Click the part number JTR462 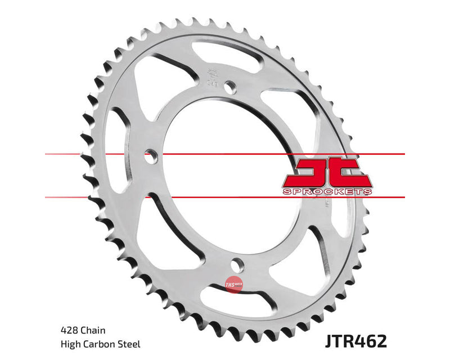[x=356, y=340]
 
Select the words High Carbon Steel [x=99, y=344]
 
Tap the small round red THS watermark [x=231, y=285]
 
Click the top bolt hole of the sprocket [x=229, y=87]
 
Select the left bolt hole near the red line [x=150, y=156]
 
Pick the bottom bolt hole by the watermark [x=237, y=264]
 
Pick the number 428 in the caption [x=67, y=331]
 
